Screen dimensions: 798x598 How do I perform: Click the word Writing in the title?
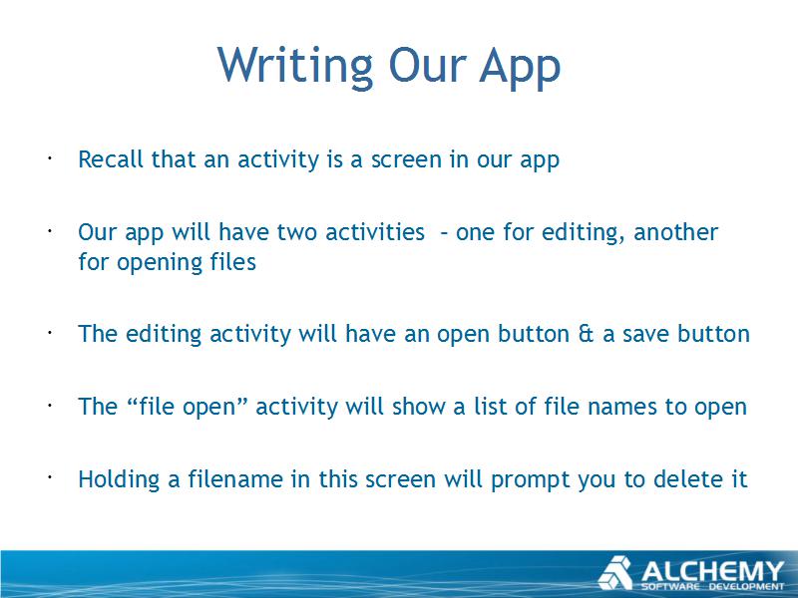pos(295,66)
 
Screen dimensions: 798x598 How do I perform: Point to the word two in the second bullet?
pos(297,232)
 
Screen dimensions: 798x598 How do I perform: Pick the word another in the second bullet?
pos(676,232)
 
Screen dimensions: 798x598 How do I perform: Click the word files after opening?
pos(233,262)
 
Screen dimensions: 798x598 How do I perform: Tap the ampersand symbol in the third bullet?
pos(587,334)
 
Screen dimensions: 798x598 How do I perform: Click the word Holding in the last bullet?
pos(119,480)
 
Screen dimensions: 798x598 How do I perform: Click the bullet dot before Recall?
pos(50,158)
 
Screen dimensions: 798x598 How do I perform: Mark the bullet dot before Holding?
pos(50,478)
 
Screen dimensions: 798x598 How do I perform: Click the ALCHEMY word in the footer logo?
pos(712,571)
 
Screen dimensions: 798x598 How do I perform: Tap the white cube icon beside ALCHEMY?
pos(615,573)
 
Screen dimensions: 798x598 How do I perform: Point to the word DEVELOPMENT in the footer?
pos(746,587)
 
